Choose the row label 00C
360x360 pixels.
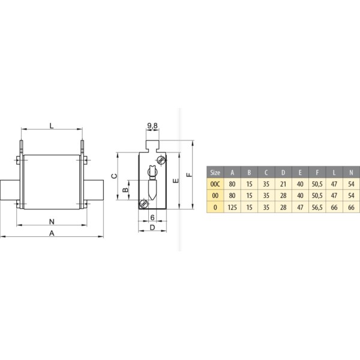[215, 183]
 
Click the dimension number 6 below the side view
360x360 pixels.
[153, 217]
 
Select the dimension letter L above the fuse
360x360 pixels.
[52, 125]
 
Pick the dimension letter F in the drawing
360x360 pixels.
[188, 175]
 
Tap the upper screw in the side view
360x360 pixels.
[160, 160]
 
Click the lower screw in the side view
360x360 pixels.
[143, 204]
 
